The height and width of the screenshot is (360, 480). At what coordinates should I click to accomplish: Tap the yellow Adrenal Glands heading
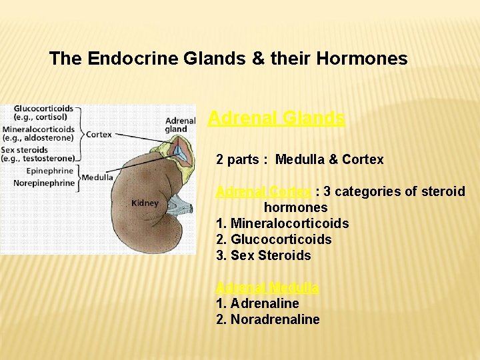pos(276,119)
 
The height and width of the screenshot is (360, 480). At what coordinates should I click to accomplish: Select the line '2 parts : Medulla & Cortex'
pos(299,160)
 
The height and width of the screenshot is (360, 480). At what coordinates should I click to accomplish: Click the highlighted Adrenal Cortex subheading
pos(263,192)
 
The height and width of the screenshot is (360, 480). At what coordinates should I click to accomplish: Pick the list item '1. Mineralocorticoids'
pos(282,223)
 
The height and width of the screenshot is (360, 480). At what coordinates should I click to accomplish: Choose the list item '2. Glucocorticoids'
pos(273,239)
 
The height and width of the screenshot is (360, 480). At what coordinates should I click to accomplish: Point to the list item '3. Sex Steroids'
pos(263,255)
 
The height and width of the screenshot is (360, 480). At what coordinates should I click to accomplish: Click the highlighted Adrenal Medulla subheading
pos(267,288)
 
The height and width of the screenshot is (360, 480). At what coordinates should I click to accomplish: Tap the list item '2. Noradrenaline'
pos(267,319)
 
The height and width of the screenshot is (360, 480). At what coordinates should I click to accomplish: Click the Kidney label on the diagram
pos(145,203)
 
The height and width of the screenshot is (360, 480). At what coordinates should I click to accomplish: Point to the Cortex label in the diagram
pos(99,134)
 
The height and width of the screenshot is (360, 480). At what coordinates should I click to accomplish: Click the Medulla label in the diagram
pos(97,177)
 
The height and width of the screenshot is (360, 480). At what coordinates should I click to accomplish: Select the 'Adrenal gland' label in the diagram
pos(180,125)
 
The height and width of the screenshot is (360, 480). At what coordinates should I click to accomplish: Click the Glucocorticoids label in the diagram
pos(43,109)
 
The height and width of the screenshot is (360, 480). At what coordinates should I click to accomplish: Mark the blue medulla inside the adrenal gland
pos(179,151)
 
